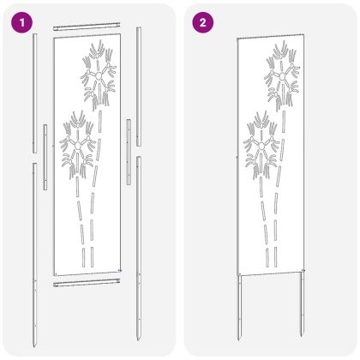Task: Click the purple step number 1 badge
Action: tap(21, 22)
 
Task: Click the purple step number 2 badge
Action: tap(202, 22)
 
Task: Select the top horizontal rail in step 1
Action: tap(87, 27)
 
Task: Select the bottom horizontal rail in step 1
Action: tap(87, 283)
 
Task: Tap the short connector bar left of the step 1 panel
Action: tap(45, 157)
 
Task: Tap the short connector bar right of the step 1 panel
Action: tap(129, 152)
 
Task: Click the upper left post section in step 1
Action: tap(35, 93)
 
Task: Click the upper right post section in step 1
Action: tap(139, 87)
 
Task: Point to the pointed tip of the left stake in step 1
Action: tap(34, 347)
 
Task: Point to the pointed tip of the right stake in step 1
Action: tap(138, 340)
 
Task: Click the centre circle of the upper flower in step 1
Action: tap(99, 76)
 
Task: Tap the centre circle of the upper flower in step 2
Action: tap(283, 76)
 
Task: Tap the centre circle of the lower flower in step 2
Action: tap(261, 147)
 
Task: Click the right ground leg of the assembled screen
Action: tap(303, 303)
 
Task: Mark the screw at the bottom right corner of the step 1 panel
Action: tap(120, 270)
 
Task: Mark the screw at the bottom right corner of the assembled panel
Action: tap(304, 271)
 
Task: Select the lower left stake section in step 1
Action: tap(35, 255)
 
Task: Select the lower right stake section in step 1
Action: tap(139, 249)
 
